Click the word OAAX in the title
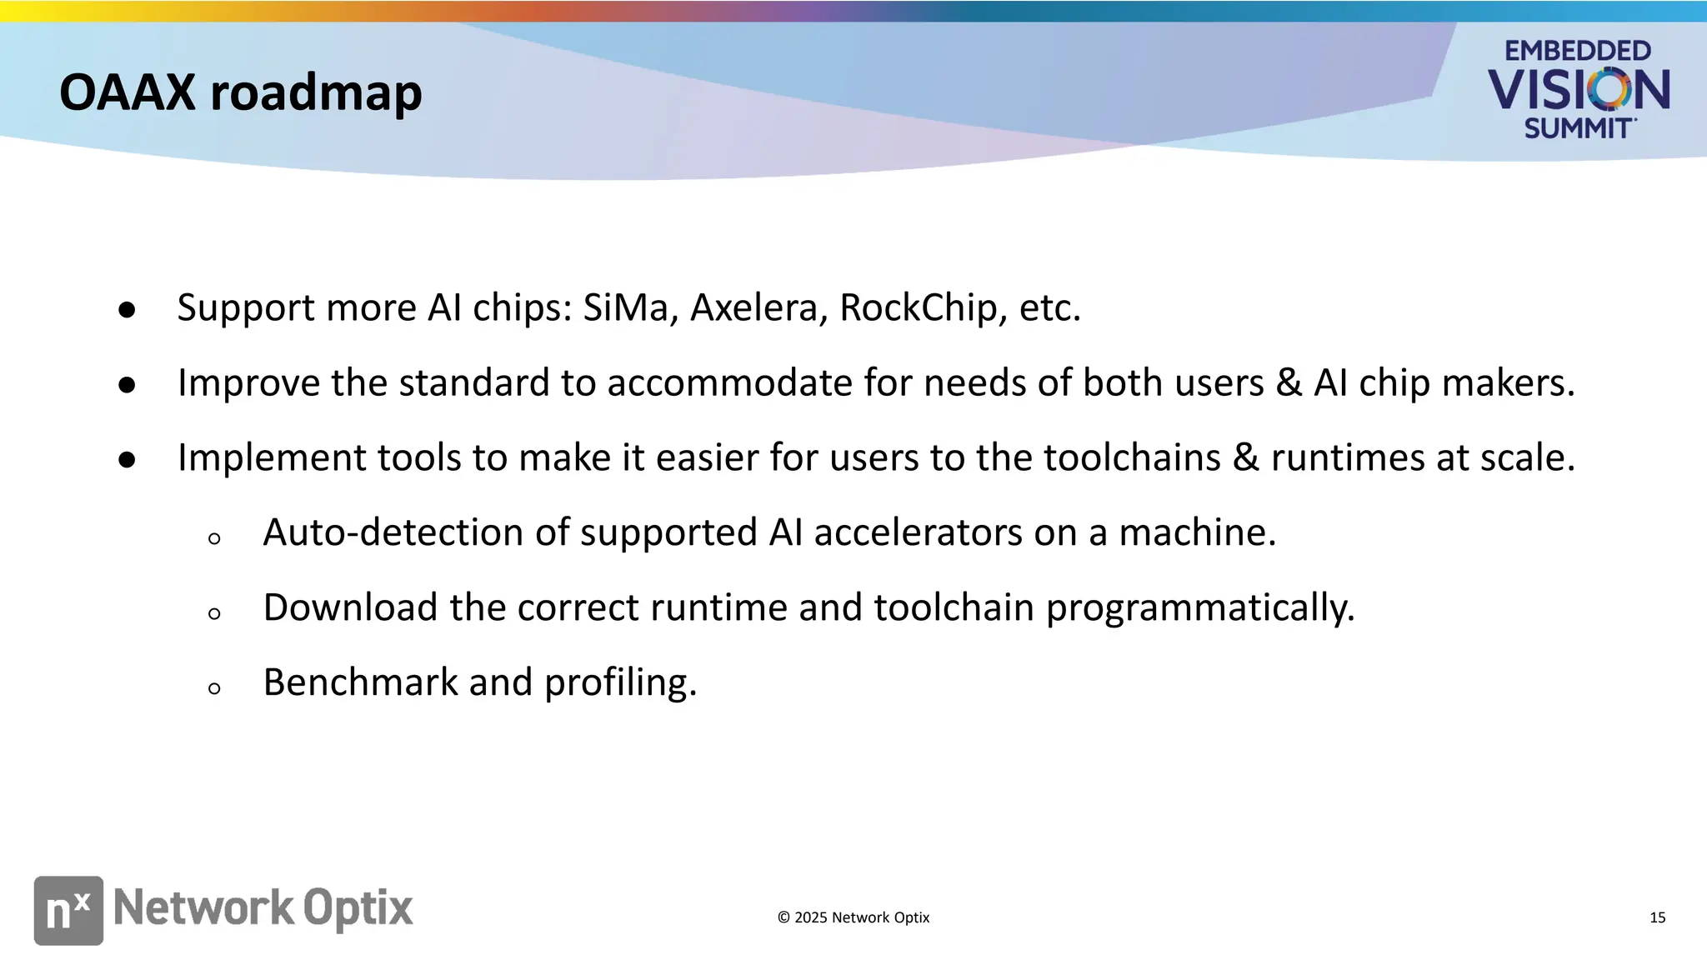pyautogui.click(x=128, y=92)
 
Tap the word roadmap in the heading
pyautogui.click(x=316, y=93)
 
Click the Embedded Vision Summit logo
pyautogui.click(x=1578, y=89)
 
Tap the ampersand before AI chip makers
pyautogui.click(x=1289, y=382)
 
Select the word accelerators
pyautogui.click(x=918, y=532)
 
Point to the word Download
pyautogui.click(x=350, y=607)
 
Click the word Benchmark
pyautogui.click(x=360, y=682)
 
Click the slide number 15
pyautogui.click(x=1657, y=917)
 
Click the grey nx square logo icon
pyautogui.click(x=68, y=910)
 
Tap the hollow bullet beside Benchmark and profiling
pyautogui.click(x=214, y=688)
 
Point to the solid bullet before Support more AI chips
pyautogui.click(x=127, y=310)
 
